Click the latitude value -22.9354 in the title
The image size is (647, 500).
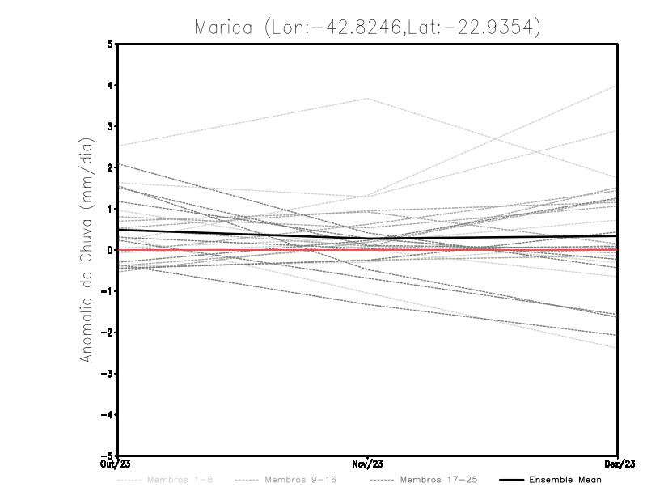(x=492, y=28)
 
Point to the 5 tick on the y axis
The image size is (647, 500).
(x=110, y=44)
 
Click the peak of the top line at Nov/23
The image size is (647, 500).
(x=368, y=98)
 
